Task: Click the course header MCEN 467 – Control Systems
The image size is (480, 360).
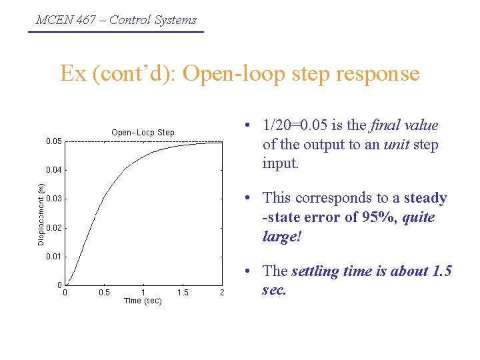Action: tap(116, 20)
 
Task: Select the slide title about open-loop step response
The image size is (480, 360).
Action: tap(240, 73)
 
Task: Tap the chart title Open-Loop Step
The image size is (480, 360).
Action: tap(143, 133)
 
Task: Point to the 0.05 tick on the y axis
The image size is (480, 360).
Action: tap(54, 141)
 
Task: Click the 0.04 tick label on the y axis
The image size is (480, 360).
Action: tap(54, 170)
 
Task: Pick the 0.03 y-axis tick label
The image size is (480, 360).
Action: tap(54, 199)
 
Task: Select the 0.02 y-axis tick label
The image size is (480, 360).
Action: tap(54, 228)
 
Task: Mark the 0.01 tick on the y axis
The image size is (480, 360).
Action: tap(54, 257)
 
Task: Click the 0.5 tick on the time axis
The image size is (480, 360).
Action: tap(105, 293)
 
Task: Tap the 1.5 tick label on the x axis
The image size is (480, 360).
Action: tap(183, 293)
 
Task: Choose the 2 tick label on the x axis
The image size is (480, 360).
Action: tap(222, 293)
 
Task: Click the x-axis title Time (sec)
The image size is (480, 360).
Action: tap(143, 301)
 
